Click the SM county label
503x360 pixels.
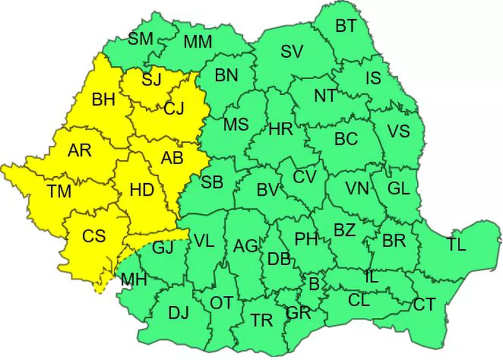pos(140,39)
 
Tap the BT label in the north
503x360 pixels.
pos(346,26)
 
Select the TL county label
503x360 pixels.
pos(456,244)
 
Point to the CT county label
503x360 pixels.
pos(424,305)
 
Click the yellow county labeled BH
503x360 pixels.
pos(103,99)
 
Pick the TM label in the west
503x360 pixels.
pos(59,191)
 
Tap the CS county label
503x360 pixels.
pos(94,236)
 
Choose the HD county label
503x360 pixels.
pos(142,190)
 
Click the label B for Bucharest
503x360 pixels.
pos(314,284)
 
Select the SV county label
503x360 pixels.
pos(292,52)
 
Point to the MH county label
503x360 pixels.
pos(134,280)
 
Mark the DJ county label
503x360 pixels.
pos(179,313)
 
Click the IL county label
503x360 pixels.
pos(371,277)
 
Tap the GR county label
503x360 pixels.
pos(298,313)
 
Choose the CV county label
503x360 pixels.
pos(304,177)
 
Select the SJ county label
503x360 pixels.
pos(151,79)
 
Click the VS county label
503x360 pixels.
pos(398,131)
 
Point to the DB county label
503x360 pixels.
pos(279,259)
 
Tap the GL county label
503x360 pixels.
pos(398,188)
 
